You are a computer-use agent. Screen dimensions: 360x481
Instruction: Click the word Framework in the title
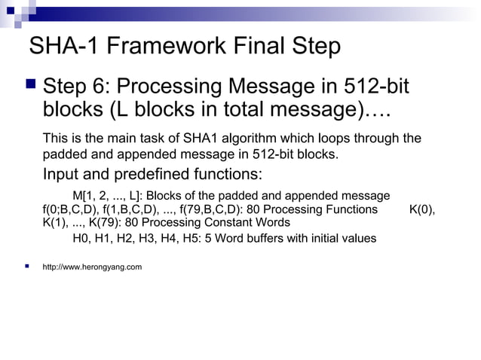[155, 47]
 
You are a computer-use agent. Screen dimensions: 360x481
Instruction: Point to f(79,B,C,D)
[213, 209]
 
